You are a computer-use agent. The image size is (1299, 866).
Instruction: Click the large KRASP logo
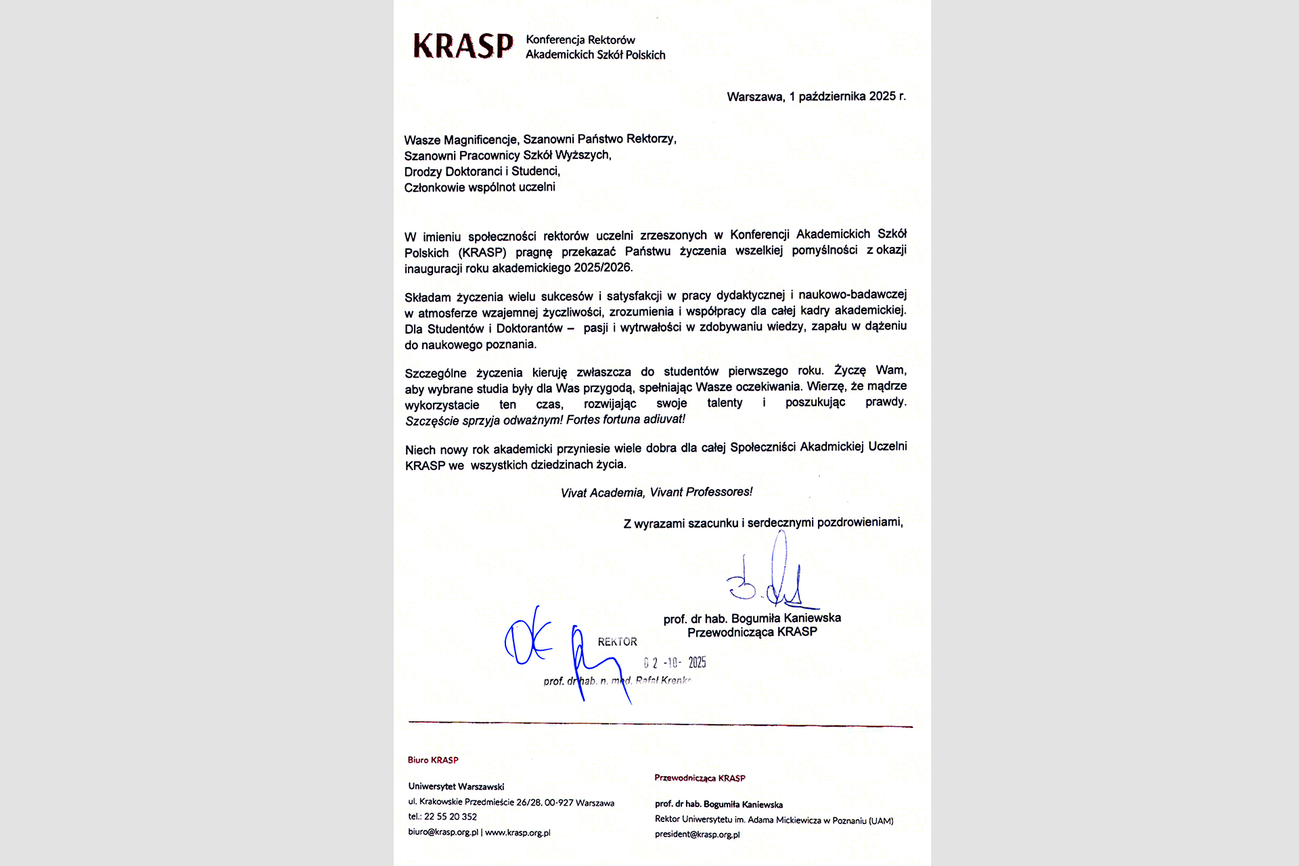pyautogui.click(x=463, y=46)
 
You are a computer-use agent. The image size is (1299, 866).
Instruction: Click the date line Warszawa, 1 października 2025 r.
pyautogui.click(x=816, y=97)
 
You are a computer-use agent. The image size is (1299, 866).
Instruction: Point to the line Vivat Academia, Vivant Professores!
pyautogui.click(x=656, y=493)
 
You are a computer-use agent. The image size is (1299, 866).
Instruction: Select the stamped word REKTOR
pyautogui.click(x=617, y=641)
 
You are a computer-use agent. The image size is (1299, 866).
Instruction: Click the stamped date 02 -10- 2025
pyautogui.click(x=675, y=663)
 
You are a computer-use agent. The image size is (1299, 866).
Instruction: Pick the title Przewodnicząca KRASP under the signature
pyautogui.click(x=752, y=632)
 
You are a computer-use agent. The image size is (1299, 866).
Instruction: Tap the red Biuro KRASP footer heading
pyautogui.click(x=433, y=760)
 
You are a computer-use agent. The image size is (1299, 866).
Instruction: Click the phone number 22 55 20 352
pyautogui.click(x=451, y=817)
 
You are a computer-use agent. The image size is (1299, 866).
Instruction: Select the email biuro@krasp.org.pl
pyautogui.click(x=443, y=832)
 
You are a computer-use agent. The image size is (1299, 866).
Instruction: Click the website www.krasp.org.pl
pyautogui.click(x=518, y=832)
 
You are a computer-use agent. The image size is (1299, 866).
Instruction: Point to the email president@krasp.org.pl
pyautogui.click(x=697, y=834)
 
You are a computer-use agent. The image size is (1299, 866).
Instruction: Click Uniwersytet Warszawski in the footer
pyautogui.click(x=456, y=786)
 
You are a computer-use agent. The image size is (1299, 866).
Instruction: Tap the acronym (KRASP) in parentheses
pyautogui.click(x=482, y=253)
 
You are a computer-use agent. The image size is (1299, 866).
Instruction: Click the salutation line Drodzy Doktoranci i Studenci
pyautogui.click(x=482, y=171)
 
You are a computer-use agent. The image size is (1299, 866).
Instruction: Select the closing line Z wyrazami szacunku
pyautogui.click(x=762, y=523)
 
